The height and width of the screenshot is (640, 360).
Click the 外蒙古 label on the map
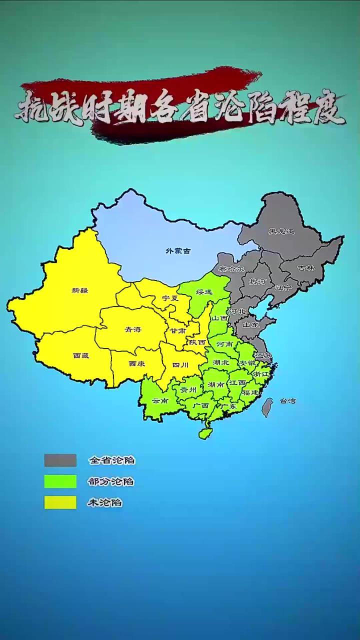[178, 250]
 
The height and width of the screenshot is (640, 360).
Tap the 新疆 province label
[80, 290]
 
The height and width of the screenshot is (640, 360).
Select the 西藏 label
[81, 355]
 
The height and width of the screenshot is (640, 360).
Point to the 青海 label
[133, 329]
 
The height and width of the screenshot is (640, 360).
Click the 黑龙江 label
[281, 231]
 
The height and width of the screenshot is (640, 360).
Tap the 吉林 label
[306, 268]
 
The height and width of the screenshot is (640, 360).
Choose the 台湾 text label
[287, 400]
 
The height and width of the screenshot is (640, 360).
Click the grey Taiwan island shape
[267, 407]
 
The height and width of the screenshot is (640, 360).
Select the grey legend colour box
[60, 460]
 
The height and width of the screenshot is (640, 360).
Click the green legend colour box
[60, 481]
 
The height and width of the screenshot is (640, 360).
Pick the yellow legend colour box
[60, 502]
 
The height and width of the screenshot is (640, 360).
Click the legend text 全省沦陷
[111, 460]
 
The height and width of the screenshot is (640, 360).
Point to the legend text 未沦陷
[105, 503]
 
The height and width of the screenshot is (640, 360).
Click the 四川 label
[180, 365]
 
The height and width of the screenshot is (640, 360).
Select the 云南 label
[160, 400]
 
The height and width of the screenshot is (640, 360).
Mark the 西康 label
[136, 364]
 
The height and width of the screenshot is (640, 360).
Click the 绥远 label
[204, 291]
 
